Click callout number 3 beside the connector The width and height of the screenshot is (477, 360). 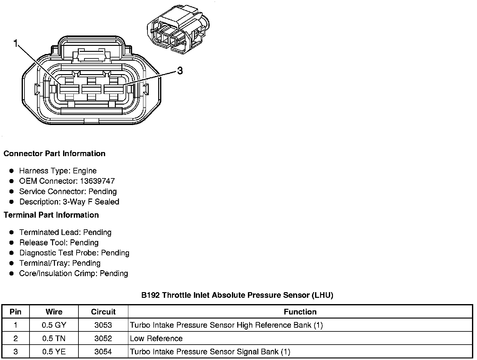click(x=180, y=71)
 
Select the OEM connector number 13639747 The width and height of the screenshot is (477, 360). click(x=97, y=181)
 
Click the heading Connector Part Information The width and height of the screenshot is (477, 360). click(x=54, y=154)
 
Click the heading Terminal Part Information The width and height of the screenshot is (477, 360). click(x=51, y=215)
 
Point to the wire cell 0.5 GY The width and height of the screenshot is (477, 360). click(x=54, y=325)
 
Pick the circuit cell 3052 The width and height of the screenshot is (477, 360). click(x=103, y=339)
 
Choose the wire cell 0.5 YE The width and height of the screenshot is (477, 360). click(x=54, y=352)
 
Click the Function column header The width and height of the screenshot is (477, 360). click(x=300, y=312)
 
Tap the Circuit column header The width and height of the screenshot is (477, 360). click(x=103, y=312)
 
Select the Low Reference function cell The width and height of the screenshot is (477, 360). click(x=156, y=339)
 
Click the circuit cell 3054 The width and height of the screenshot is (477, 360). click(x=103, y=352)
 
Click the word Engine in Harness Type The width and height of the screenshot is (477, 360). click(x=85, y=171)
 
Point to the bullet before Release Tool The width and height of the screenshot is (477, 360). click(x=12, y=243)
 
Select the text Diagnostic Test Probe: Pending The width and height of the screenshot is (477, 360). click(x=74, y=253)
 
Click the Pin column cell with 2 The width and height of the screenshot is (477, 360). click(x=16, y=339)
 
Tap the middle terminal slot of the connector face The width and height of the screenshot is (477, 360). click(x=91, y=89)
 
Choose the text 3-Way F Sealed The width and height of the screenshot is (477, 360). click(x=91, y=202)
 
